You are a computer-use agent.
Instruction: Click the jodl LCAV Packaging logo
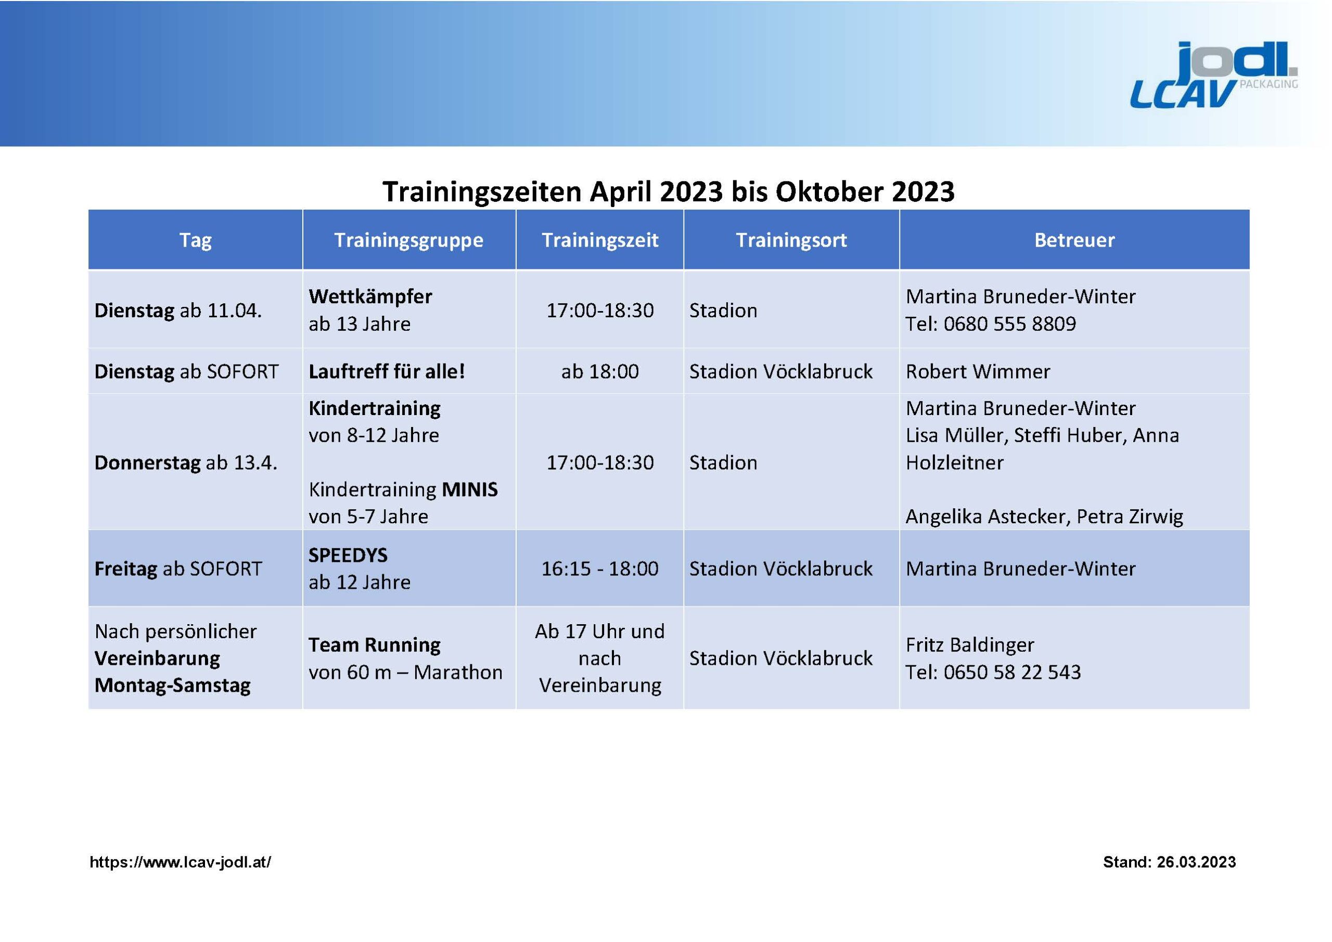click(1214, 75)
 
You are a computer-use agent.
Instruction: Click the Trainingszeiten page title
click(668, 191)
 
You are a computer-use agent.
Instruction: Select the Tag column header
click(196, 240)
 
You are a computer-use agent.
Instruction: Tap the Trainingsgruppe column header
click(409, 240)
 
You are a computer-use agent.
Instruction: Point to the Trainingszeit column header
click(600, 240)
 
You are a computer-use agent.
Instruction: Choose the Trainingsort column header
click(791, 240)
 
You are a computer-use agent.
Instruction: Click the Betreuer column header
click(1074, 240)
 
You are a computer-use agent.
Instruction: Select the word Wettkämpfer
click(370, 296)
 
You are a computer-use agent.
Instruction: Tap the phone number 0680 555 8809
click(1009, 324)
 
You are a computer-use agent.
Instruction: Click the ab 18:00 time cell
click(600, 371)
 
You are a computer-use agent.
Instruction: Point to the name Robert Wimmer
click(978, 371)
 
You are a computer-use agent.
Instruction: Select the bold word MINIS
click(469, 489)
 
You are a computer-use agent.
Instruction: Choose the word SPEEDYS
click(348, 555)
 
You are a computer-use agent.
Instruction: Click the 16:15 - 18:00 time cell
click(600, 569)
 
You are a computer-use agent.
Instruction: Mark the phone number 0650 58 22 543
click(1013, 672)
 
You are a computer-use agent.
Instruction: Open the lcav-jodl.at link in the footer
click(181, 862)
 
